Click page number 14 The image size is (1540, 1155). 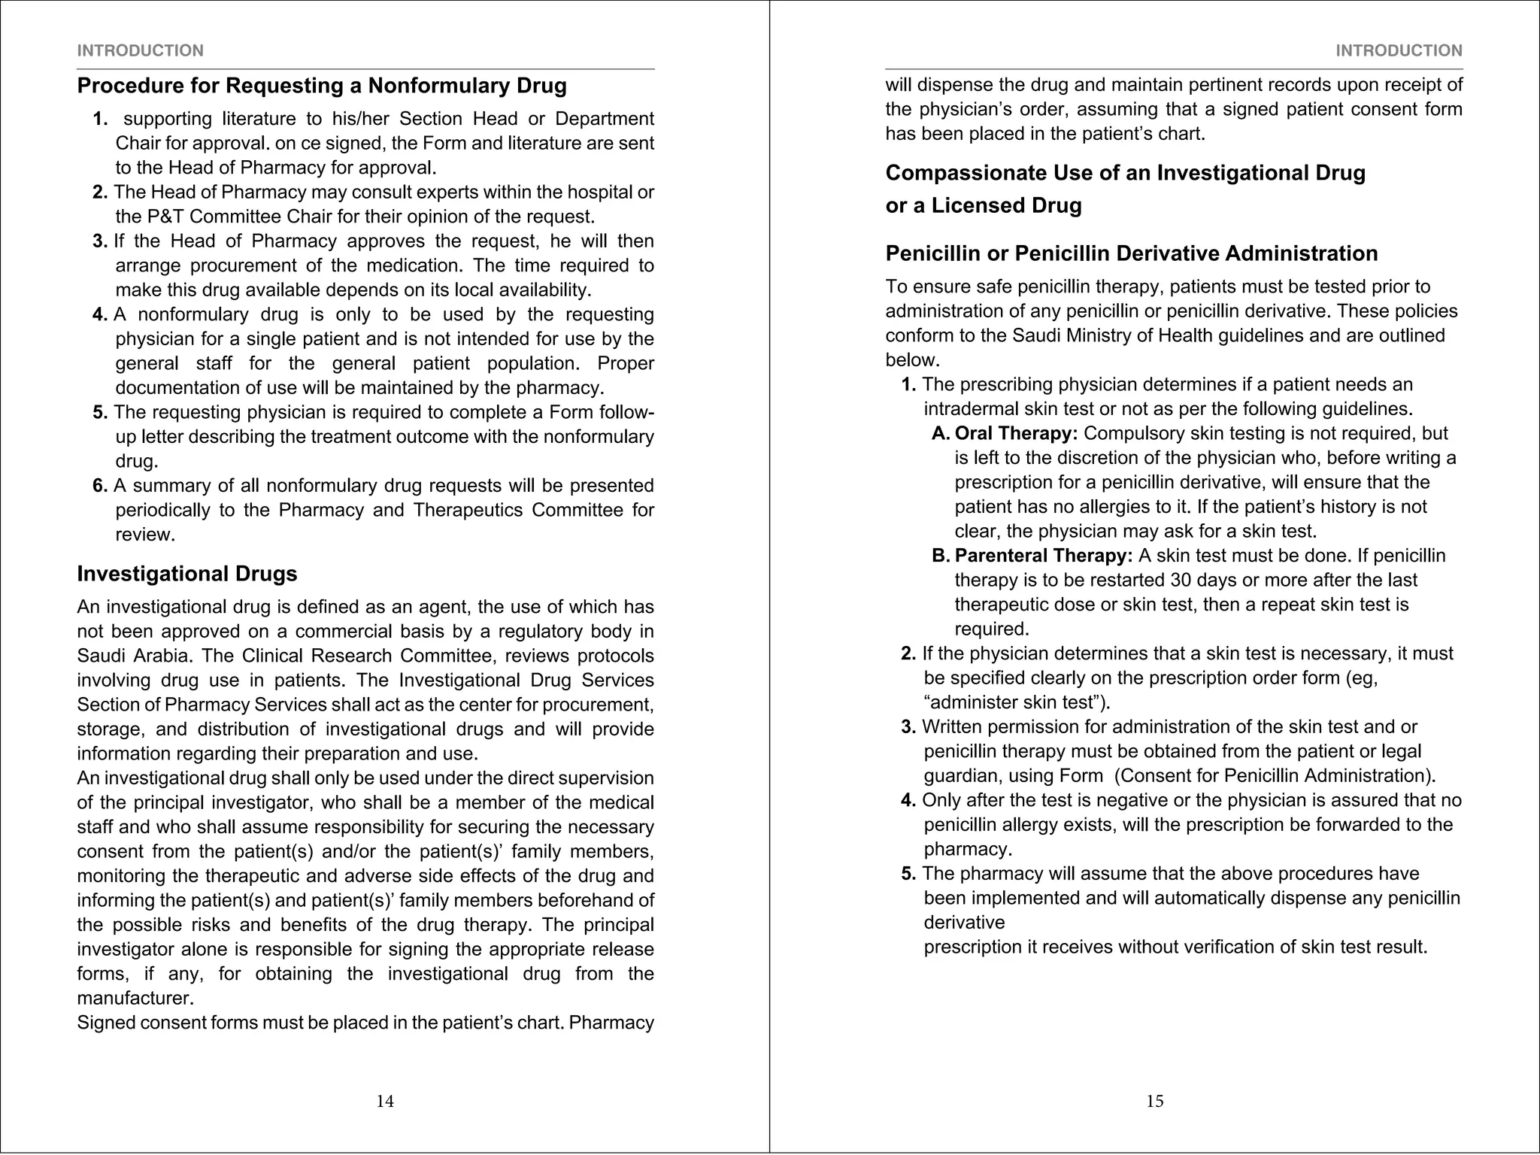point(385,1102)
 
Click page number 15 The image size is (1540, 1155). point(1155,1102)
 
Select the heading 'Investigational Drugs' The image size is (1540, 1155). point(187,574)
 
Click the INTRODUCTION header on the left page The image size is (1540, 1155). point(140,50)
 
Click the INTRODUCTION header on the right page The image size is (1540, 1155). point(1399,50)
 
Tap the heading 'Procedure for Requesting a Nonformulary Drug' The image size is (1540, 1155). point(322,86)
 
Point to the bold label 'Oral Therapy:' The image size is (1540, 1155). point(1016,434)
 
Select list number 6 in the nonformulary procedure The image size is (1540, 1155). point(100,487)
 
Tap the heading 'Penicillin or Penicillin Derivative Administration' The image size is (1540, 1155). point(1131,253)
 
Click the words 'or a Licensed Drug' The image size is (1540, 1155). point(983,205)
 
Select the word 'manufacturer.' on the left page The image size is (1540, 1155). point(135,999)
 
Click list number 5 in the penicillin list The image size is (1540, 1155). point(908,874)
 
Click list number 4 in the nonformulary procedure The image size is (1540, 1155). point(100,315)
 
